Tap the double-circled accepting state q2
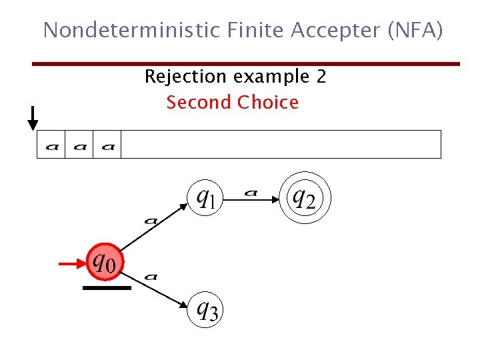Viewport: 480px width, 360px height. click(x=304, y=197)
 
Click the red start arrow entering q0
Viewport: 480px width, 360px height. click(x=72, y=264)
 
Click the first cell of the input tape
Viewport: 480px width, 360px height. click(x=51, y=145)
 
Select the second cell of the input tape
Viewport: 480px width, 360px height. click(x=79, y=145)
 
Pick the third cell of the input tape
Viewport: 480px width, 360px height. click(x=107, y=145)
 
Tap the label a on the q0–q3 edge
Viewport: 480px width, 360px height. click(x=151, y=275)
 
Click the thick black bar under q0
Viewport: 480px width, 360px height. click(x=107, y=288)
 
